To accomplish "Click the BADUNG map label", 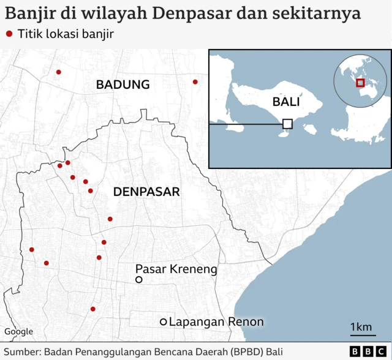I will (123, 84).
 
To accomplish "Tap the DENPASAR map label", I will (146, 192).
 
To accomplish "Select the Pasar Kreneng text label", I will (176, 269).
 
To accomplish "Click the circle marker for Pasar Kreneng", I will (139, 280).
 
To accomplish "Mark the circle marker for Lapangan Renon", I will (164, 322).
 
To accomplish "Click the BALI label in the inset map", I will (287, 102).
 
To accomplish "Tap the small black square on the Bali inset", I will (287, 124).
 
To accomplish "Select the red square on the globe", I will (360, 83).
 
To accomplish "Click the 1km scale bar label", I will (361, 328).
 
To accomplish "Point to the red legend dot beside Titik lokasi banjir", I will (9, 34).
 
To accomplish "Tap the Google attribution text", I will (19, 332).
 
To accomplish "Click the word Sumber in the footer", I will (21, 351).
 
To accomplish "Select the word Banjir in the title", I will (24, 13).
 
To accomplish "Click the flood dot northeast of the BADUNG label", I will (195, 81).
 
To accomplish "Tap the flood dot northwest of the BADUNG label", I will (59, 72).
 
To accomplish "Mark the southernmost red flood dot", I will (93, 309).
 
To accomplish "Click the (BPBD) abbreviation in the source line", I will (245, 351).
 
